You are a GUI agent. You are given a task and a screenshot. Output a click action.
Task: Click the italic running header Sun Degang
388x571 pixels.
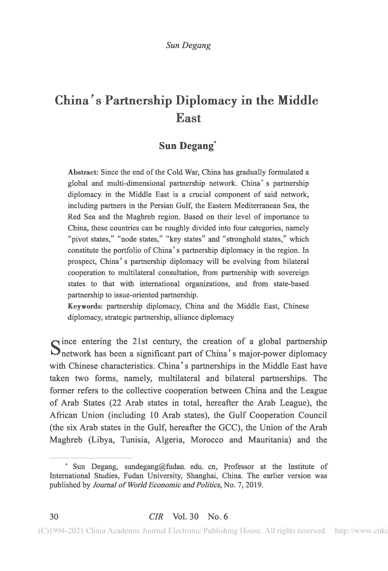(x=188, y=45)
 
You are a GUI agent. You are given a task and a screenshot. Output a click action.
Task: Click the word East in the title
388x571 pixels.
(x=188, y=118)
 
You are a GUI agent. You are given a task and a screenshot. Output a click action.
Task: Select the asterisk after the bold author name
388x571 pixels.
(x=215, y=142)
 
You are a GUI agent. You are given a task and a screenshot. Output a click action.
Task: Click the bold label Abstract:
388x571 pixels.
(x=83, y=172)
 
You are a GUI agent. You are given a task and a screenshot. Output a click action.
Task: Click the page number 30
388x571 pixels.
(x=54, y=517)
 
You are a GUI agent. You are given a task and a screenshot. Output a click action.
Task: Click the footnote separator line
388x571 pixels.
(x=91, y=457)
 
